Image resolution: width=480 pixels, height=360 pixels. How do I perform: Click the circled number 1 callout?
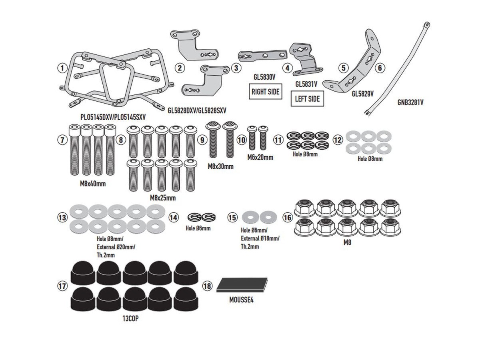tap(61, 68)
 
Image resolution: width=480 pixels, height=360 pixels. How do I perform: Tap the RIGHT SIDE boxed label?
tap(265, 92)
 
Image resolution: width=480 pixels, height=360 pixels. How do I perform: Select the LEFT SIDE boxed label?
tap(307, 99)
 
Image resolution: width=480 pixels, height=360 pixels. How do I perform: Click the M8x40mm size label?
tap(93, 184)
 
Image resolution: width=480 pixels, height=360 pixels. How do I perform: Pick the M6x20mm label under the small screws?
tap(260, 157)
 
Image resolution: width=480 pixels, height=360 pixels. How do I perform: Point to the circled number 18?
tap(207, 286)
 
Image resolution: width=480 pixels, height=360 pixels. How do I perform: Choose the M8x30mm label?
tap(220, 166)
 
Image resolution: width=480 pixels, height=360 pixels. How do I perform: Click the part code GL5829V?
tap(362, 94)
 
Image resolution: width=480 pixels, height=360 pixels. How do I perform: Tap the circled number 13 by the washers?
tap(62, 218)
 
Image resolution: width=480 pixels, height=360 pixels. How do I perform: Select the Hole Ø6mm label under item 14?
tap(198, 228)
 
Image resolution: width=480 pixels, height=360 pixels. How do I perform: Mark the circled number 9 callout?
tap(202, 140)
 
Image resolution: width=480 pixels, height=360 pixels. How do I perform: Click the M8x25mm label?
tap(162, 198)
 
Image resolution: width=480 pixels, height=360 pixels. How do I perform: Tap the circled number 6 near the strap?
tap(380, 68)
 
